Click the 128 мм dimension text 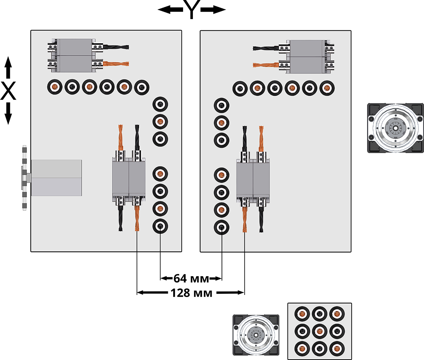pyautogui.click(x=191, y=293)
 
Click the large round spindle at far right pyautogui.click(x=395, y=128)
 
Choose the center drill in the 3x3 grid pyautogui.click(x=319, y=331)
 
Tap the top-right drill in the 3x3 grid pyautogui.click(x=337, y=314)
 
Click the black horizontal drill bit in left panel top pyautogui.click(x=116, y=47)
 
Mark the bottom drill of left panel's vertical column pyautogui.click(x=160, y=226)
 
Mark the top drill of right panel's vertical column pyautogui.click(x=222, y=105)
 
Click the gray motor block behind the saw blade pyautogui.click(x=57, y=178)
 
